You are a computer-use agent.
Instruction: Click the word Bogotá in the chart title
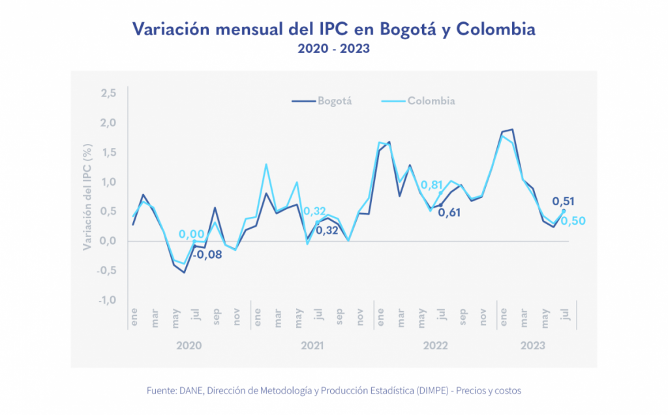coord(396,29)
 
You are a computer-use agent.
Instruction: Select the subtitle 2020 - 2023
coord(333,49)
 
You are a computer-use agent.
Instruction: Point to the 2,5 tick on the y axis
coord(108,94)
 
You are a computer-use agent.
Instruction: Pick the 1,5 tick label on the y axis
coord(108,152)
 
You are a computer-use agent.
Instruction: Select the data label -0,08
coord(207,254)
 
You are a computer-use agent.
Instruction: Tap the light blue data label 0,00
coord(192,234)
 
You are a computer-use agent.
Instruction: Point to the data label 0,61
coord(449,212)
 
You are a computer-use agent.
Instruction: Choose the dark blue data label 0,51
coord(564,201)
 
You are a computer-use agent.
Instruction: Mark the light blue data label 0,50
coord(573,221)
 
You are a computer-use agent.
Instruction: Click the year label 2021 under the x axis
coord(313,345)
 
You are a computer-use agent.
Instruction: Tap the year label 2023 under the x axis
coord(532,345)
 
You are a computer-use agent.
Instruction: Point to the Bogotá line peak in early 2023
coord(512,130)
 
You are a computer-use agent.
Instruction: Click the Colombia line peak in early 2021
coord(266,164)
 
